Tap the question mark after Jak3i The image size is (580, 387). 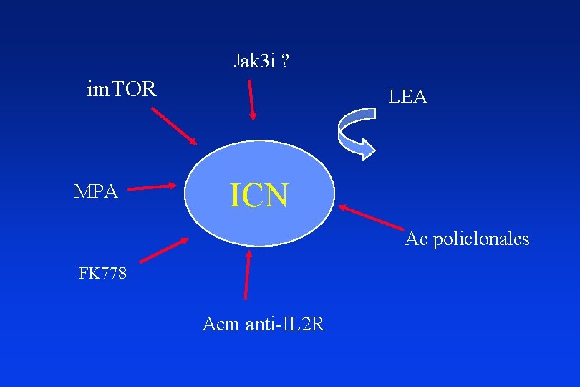coord(286,62)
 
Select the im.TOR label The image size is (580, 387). coord(121,90)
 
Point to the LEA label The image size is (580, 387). coord(407,97)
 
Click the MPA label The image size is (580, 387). coord(97,191)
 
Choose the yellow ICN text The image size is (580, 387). coord(258,195)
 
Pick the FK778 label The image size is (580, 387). coord(103,274)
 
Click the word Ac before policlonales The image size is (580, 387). coord(415,239)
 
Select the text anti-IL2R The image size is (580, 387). coord(285,325)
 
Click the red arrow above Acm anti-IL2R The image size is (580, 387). coord(248,274)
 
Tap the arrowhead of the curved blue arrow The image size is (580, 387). coord(367,148)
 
